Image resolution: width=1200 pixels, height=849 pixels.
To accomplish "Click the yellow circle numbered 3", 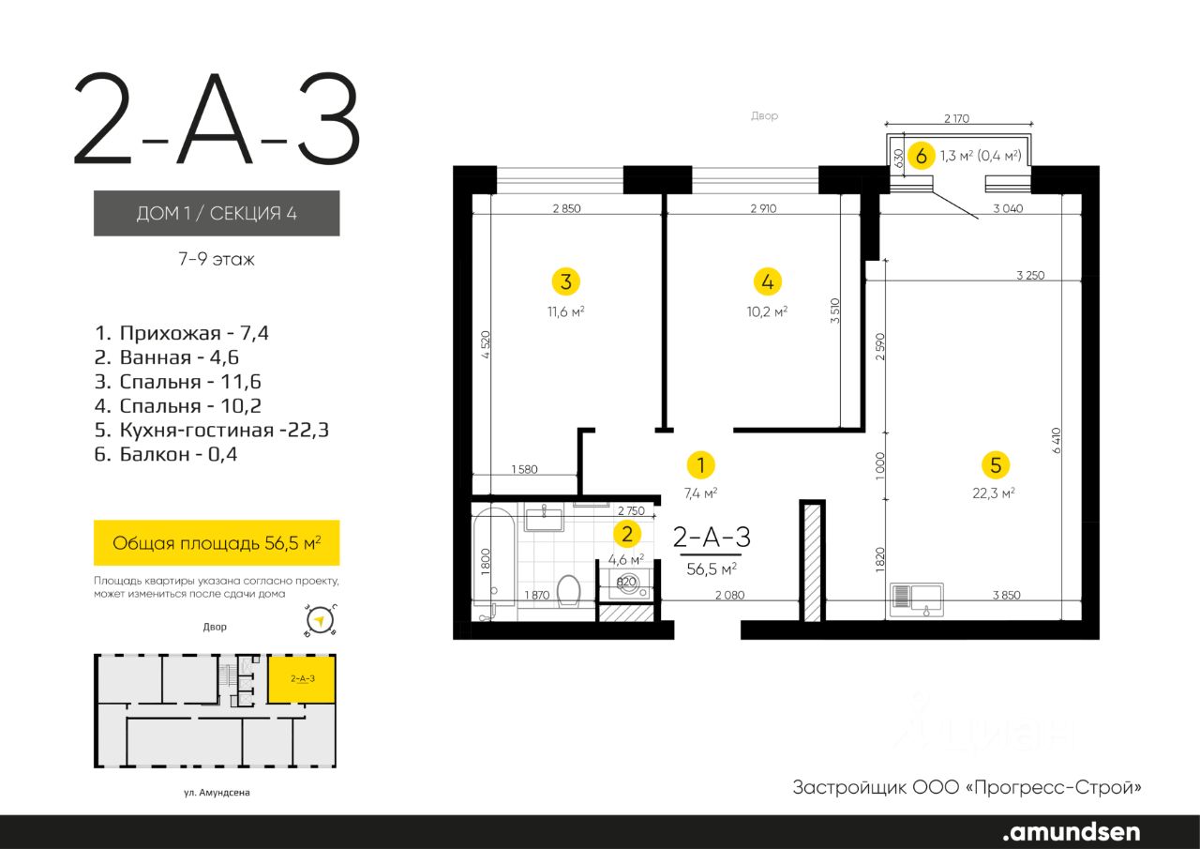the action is pos(566,281).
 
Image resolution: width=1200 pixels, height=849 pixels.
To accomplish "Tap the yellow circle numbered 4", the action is pos(768,281).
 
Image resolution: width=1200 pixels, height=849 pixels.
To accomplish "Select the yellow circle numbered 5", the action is pos(996,464).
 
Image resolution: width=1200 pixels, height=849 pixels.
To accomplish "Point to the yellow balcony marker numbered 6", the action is pos(922,156).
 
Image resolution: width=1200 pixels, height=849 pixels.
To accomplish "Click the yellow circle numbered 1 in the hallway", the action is pos(700,464).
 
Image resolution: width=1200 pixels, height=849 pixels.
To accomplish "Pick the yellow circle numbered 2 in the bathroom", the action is pos(627,534).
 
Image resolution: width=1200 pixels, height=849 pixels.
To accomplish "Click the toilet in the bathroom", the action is pos(569,591).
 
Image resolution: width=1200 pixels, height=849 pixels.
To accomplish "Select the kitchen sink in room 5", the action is pos(917,599).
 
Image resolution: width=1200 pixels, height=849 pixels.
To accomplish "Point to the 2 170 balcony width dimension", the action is pos(957,118).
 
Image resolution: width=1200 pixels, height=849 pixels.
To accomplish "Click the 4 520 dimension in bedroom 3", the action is pos(486,344).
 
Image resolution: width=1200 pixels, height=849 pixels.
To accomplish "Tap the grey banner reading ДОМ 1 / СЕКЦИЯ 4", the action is pos(217,213).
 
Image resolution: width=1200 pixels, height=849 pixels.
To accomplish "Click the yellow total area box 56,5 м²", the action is pos(217,542).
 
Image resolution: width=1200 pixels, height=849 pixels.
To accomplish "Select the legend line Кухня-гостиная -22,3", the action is pos(212,430).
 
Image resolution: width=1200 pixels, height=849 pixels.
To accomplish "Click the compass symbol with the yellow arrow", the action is pos(320,621).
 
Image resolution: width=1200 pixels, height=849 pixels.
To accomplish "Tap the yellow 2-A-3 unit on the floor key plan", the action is pos(302,678).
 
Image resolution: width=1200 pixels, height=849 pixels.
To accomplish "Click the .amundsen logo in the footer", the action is pos(1072,831).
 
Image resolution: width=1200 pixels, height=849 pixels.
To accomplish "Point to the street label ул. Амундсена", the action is pos(217,792).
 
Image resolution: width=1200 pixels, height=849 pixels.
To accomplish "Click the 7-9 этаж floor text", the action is pos(217,259).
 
